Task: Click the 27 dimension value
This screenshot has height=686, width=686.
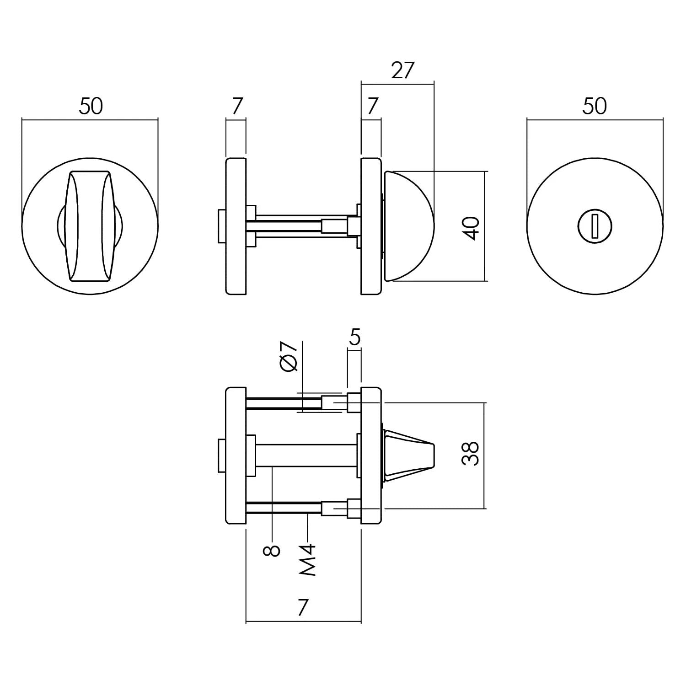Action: pos(402,71)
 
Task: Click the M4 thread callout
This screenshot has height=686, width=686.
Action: pos(308,559)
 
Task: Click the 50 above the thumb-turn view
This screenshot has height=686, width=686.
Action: pos(91,107)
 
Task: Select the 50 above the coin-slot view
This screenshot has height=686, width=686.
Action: pos(595,107)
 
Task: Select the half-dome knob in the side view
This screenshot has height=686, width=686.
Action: pos(408,226)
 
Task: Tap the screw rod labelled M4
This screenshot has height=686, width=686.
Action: pos(284,508)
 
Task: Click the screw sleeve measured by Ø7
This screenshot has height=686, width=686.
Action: pos(331,402)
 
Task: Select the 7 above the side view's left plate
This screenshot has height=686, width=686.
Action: pos(236,107)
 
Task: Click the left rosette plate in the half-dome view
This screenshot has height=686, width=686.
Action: pos(236,226)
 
